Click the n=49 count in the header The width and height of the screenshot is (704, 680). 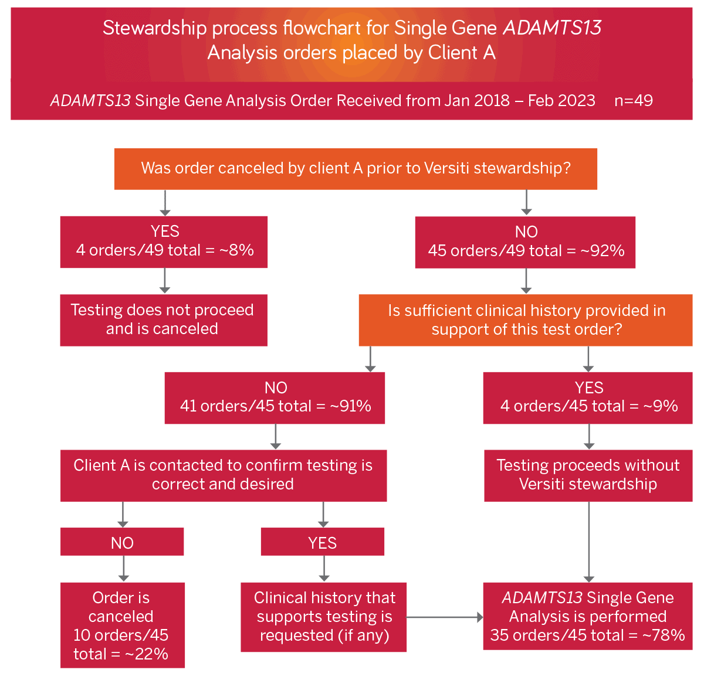[x=634, y=101]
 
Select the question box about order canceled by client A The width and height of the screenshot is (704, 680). [x=356, y=169]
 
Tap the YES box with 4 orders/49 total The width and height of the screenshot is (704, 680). [x=164, y=242]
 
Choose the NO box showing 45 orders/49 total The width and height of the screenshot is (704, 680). [x=525, y=242]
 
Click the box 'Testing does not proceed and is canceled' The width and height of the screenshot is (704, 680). [x=163, y=320]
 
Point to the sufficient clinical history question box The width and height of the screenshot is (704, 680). [x=526, y=320]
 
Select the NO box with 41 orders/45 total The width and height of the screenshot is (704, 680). [x=275, y=398]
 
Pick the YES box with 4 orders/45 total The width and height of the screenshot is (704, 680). [x=588, y=398]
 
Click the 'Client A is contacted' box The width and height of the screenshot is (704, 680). [x=224, y=475]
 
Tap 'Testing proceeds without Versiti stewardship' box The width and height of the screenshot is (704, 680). [x=588, y=475]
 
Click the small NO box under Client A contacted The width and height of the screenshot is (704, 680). [x=122, y=542]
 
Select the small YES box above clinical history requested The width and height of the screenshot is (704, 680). [x=323, y=542]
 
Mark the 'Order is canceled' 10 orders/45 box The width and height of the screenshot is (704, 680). [x=123, y=625]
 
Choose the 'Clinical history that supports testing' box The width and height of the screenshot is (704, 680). [x=324, y=617]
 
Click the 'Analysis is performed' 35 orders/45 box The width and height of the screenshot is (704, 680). [x=588, y=616]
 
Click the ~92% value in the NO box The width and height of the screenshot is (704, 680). [x=603, y=251]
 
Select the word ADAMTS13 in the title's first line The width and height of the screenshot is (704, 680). [x=552, y=28]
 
